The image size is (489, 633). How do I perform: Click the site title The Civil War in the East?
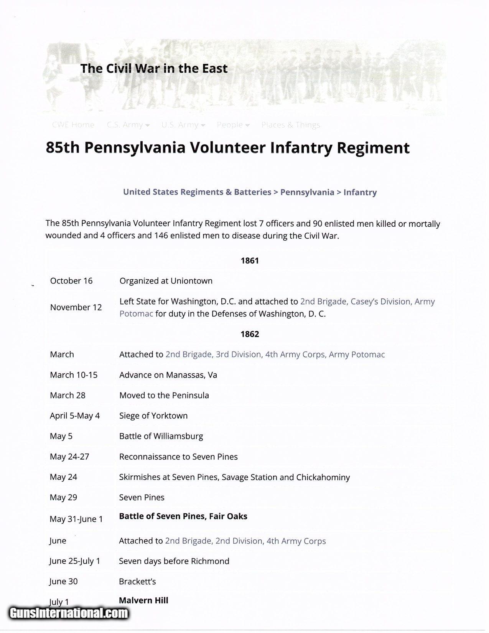coord(154,69)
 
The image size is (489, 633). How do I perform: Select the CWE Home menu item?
coord(73,125)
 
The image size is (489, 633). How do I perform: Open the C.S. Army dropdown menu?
coord(128,125)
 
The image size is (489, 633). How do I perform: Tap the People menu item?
coord(233,125)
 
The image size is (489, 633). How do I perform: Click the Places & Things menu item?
coord(290,125)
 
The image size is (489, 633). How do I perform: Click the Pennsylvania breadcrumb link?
coord(307,192)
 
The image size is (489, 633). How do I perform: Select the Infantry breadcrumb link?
coord(360,192)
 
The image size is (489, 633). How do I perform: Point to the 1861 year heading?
coord(250,261)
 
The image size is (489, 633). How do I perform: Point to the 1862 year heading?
coord(250,334)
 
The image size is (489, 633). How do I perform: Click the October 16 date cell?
coord(71,281)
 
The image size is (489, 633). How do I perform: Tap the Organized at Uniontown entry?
coord(166,281)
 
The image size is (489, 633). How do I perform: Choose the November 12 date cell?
coord(76,307)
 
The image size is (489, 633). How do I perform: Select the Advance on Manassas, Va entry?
coord(168,375)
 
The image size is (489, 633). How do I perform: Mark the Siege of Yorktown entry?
coord(153,416)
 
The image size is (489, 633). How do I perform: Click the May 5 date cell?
coord(61,436)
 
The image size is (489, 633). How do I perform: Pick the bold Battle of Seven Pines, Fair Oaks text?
coord(183,516)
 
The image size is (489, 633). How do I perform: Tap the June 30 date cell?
coord(63,582)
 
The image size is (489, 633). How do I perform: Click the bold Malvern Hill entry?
coord(143,600)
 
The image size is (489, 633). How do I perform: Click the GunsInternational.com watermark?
coord(68,613)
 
